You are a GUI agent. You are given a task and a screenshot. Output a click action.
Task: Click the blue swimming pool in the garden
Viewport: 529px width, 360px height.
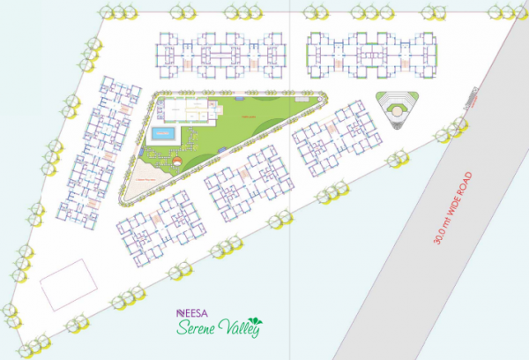point(164,134)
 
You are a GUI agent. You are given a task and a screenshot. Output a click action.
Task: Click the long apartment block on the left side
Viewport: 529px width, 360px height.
point(95,147)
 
